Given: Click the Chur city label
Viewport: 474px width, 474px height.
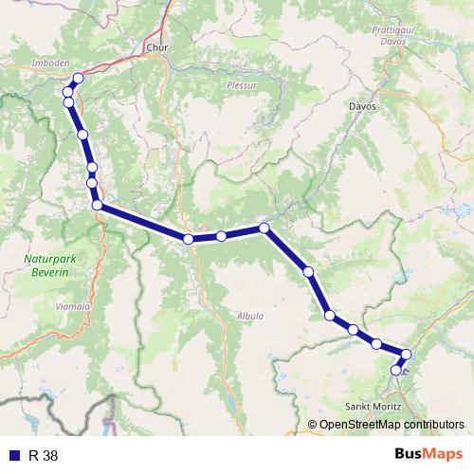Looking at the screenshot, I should coord(156,45).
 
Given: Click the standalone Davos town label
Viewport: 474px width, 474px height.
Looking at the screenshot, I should coord(362,107).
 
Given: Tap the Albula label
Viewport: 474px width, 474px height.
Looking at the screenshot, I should coord(251,317).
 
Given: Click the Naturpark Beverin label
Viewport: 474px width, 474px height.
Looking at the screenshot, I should coord(45,263).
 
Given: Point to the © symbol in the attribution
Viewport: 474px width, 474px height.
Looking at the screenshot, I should coord(312,424).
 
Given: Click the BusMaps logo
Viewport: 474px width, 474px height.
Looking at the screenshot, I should coord(428,454).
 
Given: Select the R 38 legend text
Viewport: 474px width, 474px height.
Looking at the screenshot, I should coord(44,455).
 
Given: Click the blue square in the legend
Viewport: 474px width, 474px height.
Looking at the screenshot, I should coord(14,455).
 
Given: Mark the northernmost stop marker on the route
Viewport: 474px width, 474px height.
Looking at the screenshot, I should coord(78,79).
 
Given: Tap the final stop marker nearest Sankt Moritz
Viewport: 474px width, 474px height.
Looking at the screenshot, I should coord(396,371).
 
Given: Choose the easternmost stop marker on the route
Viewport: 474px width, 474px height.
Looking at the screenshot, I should coord(407,355).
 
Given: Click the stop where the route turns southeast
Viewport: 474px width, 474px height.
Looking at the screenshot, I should coord(264,228).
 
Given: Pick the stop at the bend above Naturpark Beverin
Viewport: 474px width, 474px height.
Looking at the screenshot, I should coord(97,205).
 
